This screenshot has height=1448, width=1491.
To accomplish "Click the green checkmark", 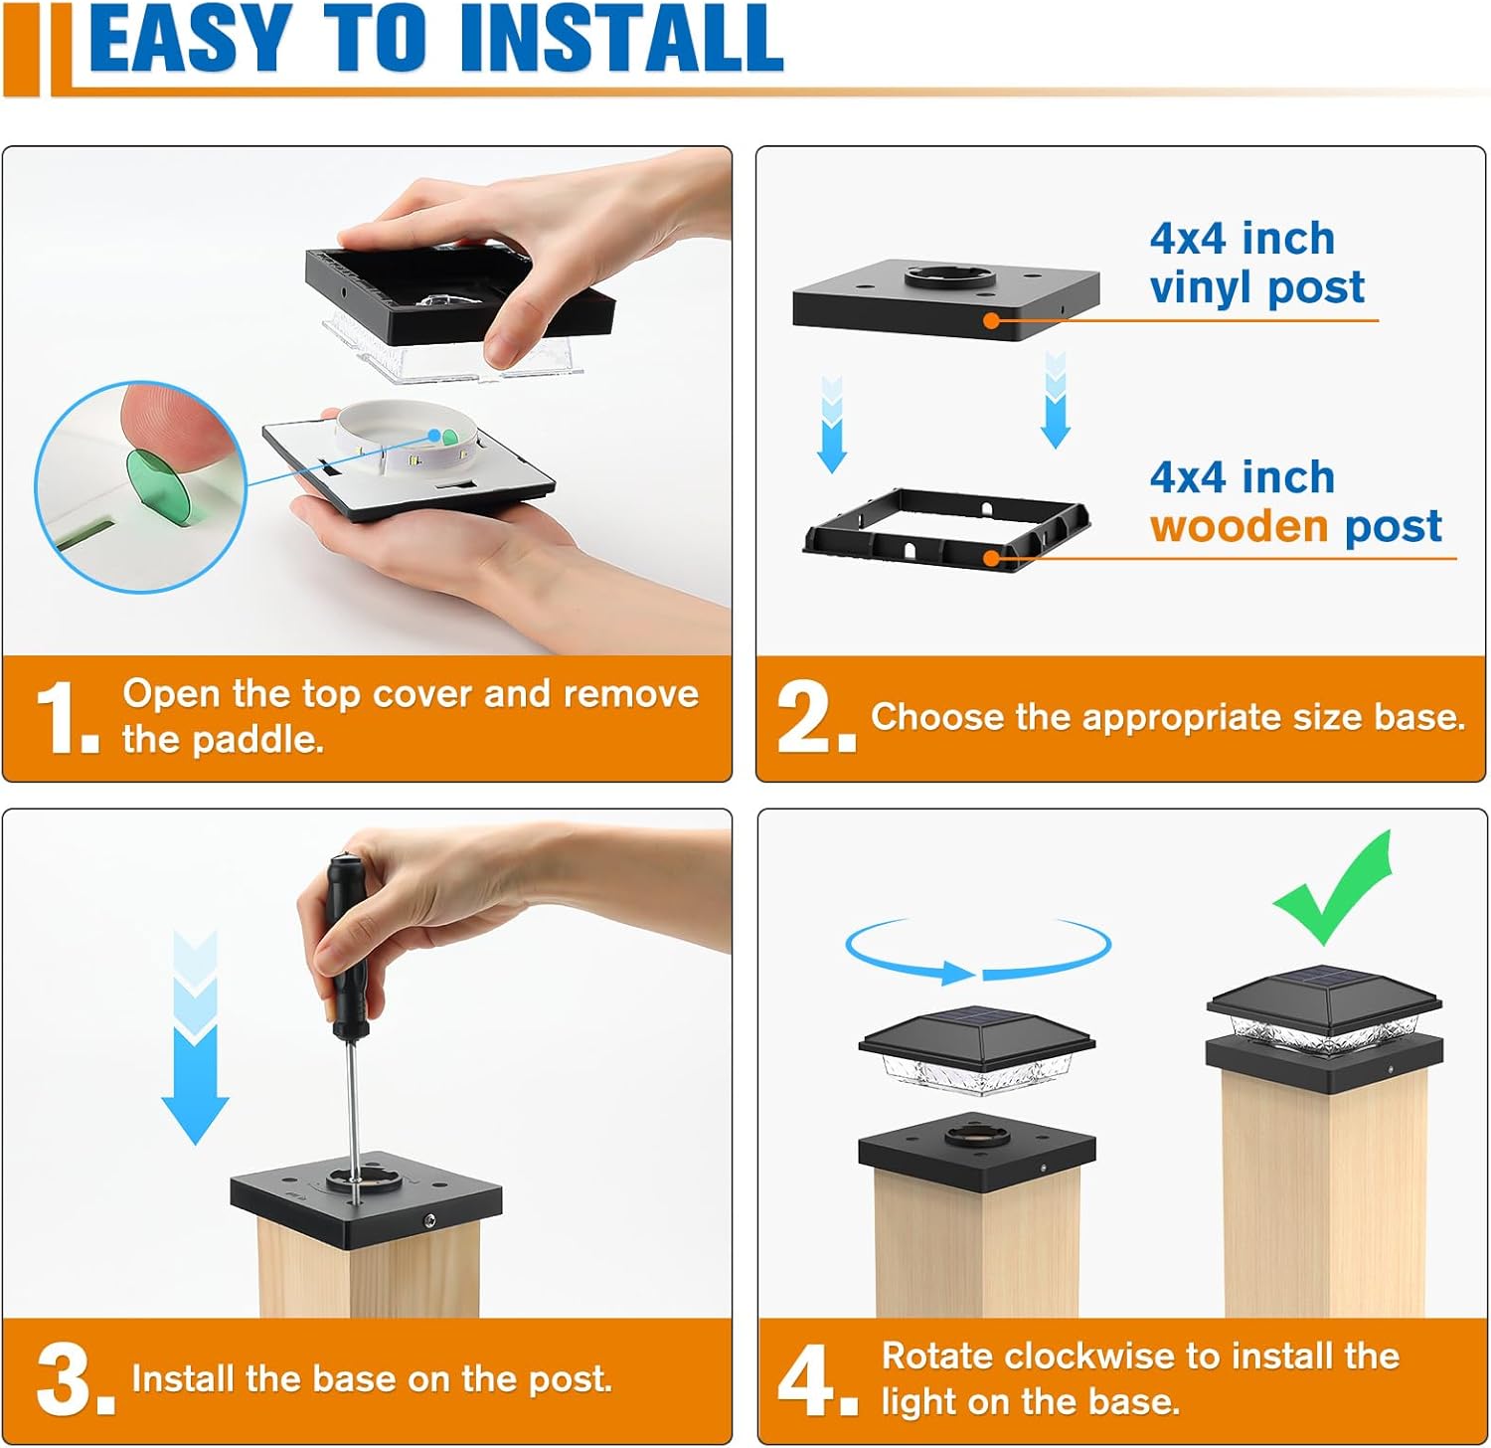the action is (x=1332, y=888).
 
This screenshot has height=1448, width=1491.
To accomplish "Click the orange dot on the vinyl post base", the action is (x=991, y=320).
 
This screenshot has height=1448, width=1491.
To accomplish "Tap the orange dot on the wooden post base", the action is (x=991, y=558).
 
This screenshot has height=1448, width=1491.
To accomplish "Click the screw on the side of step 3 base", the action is (x=428, y=1220).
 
